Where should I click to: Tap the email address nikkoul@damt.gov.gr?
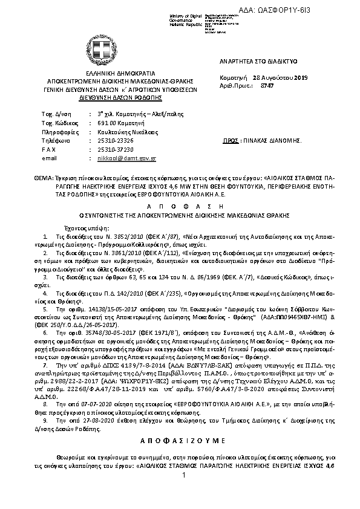tap(126, 158)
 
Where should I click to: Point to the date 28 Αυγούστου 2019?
tap(280, 78)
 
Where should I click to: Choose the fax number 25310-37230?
tap(116, 149)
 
